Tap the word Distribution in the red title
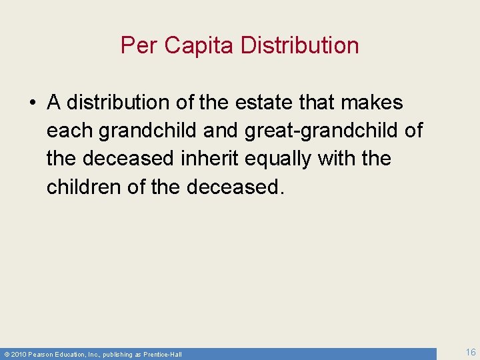pyautogui.click(x=299, y=45)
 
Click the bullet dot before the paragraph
pyautogui.click(x=33, y=103)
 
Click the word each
pyautogui.click(x=69, y=131)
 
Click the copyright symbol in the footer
pyautogui.click(x=7, y=354)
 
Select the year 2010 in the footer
pyautogui.click(x=17, y=354)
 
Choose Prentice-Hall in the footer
pyautogui.click(x=163, y=354)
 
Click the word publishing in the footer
pyautogui.click(x=118, y=354)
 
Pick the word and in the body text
pyautogui.click(x=220, y=131)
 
